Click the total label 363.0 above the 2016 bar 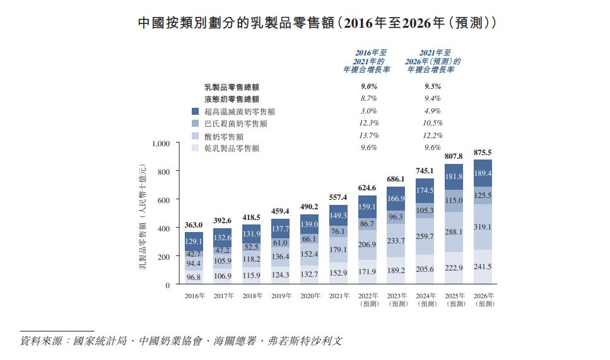194,225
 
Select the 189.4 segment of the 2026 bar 482,173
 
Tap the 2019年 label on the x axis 281,295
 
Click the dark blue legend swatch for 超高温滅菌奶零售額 196,111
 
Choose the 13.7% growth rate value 368,136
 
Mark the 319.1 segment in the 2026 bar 482,227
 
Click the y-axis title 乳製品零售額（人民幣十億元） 143,214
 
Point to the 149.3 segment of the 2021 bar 339,216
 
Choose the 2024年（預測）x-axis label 425,299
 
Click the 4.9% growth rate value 433,111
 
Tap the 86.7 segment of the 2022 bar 368,224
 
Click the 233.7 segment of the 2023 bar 396,241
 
